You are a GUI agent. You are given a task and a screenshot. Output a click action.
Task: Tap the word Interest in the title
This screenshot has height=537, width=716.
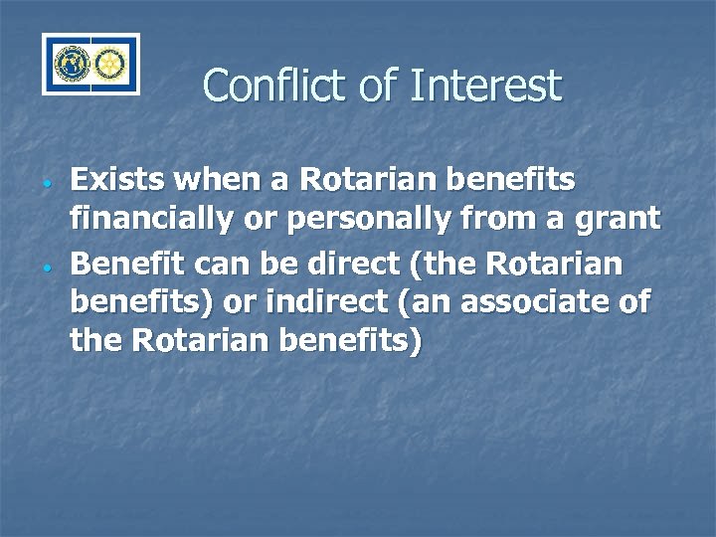[x=484, y=86]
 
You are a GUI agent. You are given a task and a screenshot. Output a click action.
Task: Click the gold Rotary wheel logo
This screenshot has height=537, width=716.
[x=107, y=65]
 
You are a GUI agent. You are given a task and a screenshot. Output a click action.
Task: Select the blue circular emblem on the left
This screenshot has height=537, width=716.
[x=72, y=65]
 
